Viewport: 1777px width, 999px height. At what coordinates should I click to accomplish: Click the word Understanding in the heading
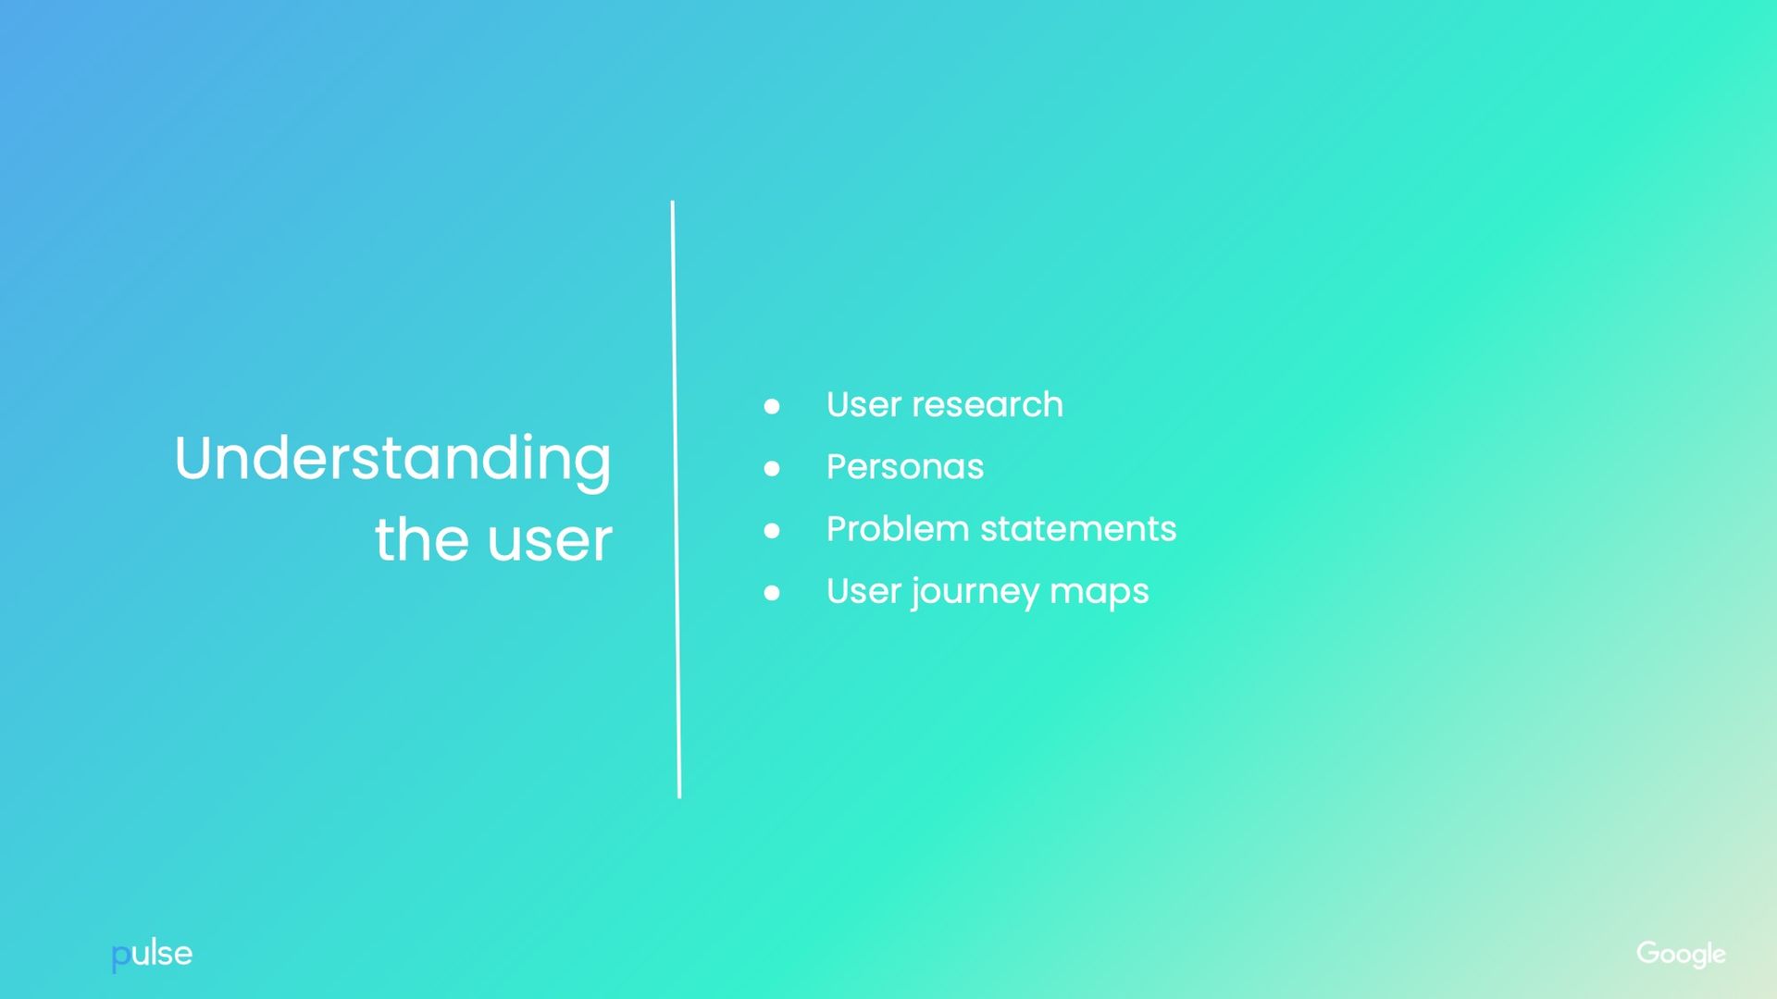[392, 459]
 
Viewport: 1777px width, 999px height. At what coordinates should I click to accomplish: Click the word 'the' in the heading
[421, 540]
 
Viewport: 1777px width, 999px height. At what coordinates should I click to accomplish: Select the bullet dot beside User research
[772, 406]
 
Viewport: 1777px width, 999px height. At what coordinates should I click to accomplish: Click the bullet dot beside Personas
[772, 468]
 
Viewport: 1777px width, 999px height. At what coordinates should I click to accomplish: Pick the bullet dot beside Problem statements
[772, 530]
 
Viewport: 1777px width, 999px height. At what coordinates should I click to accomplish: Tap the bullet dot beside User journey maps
[772, 593]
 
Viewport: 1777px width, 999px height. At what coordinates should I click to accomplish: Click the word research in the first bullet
[988, 405]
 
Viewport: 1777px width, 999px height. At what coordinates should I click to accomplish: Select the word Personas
[904, 467]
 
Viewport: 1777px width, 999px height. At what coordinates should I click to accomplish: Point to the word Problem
[898, 529]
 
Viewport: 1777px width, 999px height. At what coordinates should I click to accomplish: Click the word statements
[1078, 529]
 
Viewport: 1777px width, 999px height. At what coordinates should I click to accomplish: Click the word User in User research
[864, 405]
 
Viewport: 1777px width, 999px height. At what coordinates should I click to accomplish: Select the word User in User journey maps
[864, 591]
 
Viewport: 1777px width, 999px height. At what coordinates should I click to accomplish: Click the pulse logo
[152, 955]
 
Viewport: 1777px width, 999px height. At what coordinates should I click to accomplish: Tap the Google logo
[1681, 954]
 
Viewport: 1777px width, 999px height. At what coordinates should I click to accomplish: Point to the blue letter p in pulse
[120, 957]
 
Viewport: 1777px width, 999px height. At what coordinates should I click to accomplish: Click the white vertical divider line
[676, 499]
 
